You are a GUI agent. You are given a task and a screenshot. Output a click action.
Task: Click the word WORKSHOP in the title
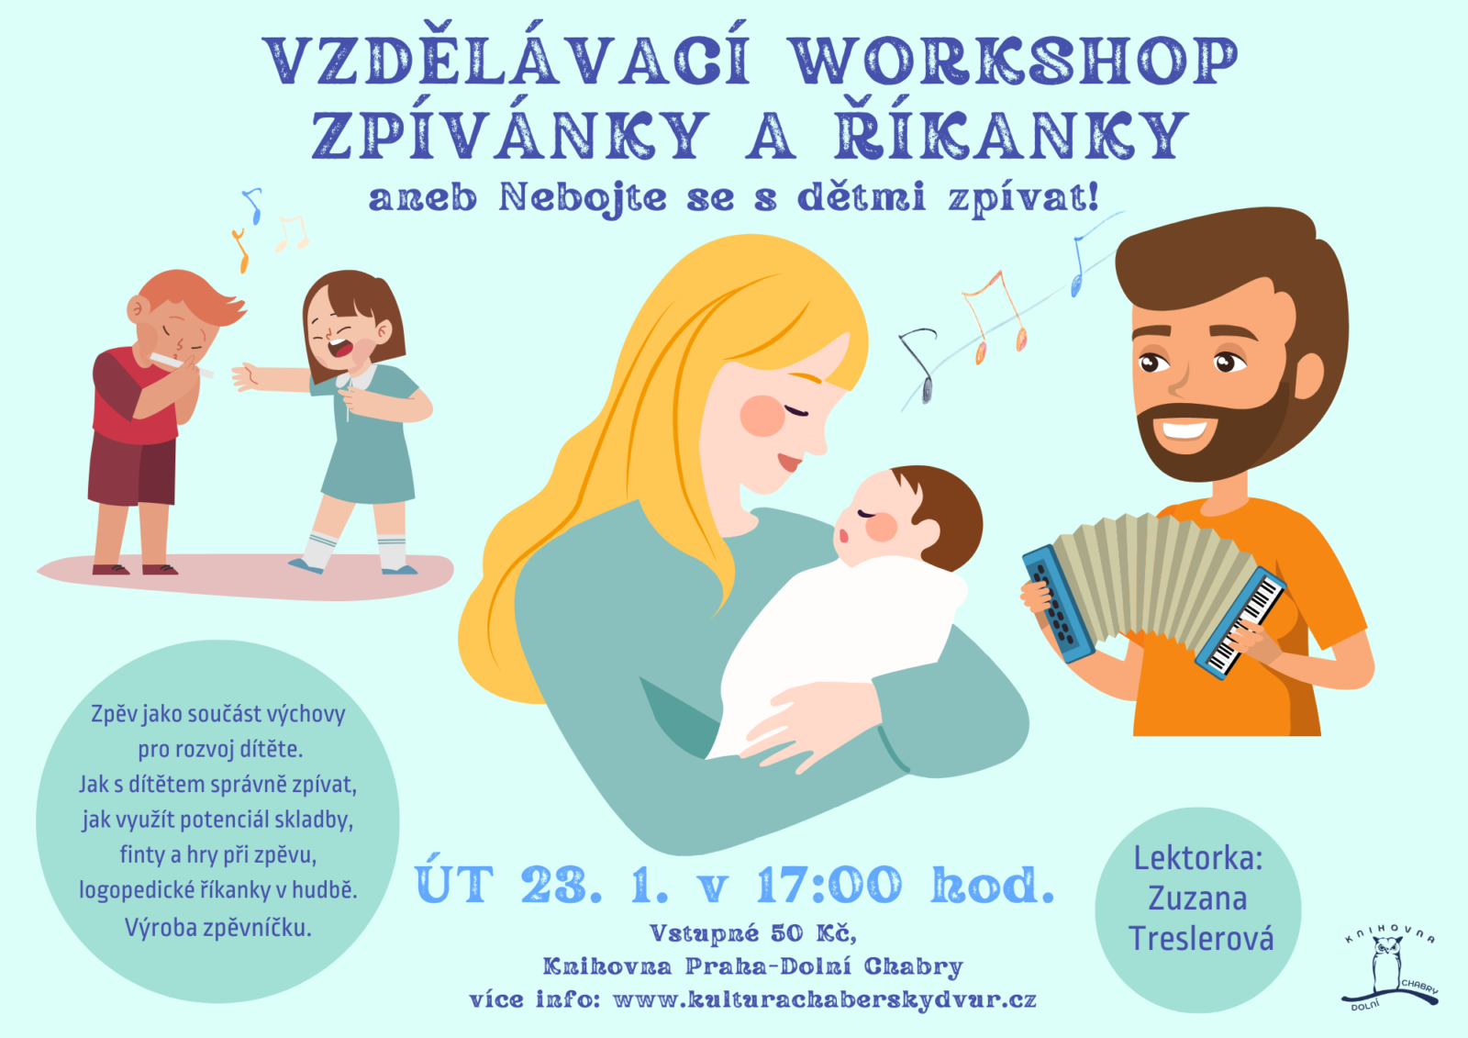tap(1015, 61)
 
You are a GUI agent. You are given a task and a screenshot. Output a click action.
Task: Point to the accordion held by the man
tap(1152, 594)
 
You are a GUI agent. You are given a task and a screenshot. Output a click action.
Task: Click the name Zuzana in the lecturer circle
tap(1197, 899)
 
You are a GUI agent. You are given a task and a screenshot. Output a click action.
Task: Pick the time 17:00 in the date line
tap(829, 885)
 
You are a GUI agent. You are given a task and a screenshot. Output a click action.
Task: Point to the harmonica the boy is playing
tap(180, 363)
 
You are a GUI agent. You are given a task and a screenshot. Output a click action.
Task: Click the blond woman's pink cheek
tap(762, 416)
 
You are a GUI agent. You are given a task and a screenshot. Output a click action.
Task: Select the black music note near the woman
tap(918, 364)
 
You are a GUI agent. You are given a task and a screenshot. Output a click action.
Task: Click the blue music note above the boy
tap(253, 205)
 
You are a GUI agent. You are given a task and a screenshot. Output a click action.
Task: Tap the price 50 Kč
tap(812, 932)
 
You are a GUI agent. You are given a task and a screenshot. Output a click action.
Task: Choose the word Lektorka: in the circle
tap(1198, 858)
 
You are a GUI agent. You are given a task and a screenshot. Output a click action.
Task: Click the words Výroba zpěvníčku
tap(217, 928)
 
